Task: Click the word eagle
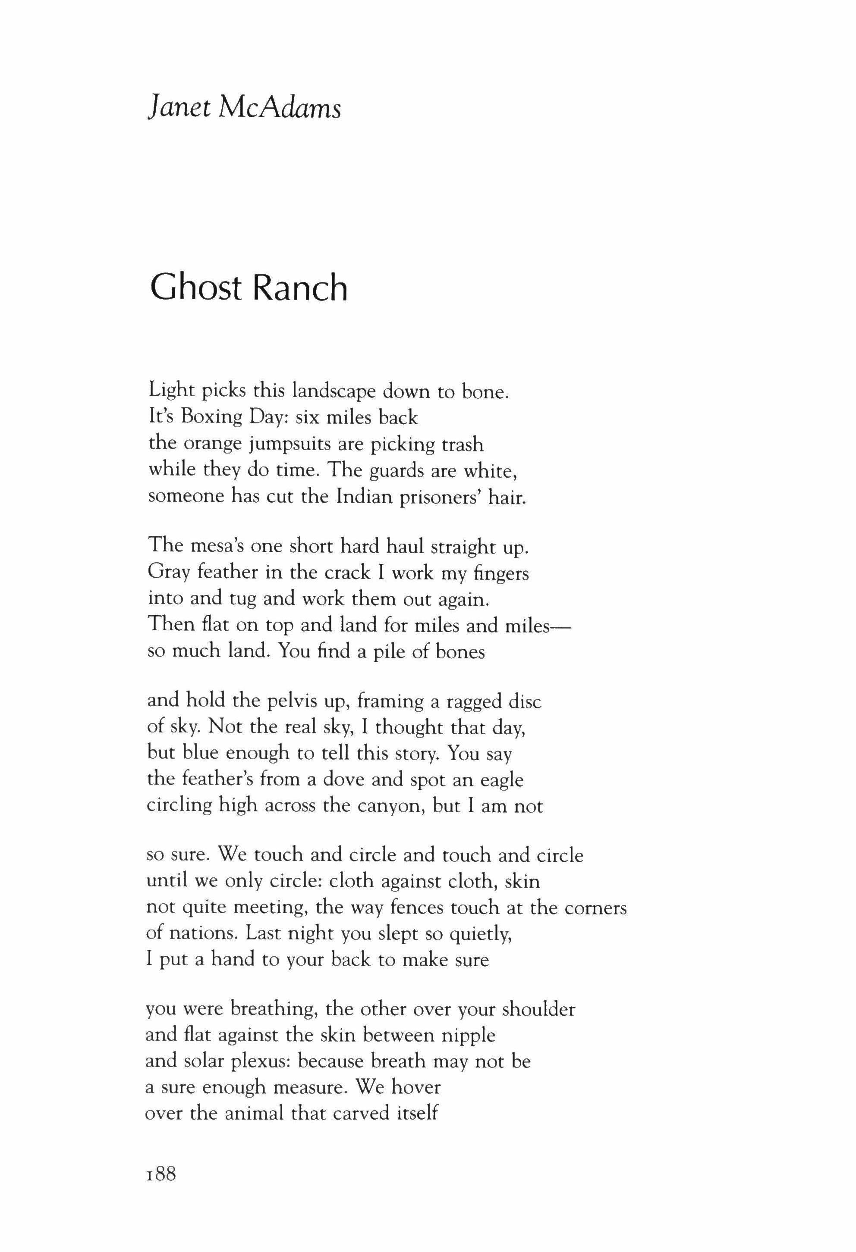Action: click(x=501, y=780)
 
